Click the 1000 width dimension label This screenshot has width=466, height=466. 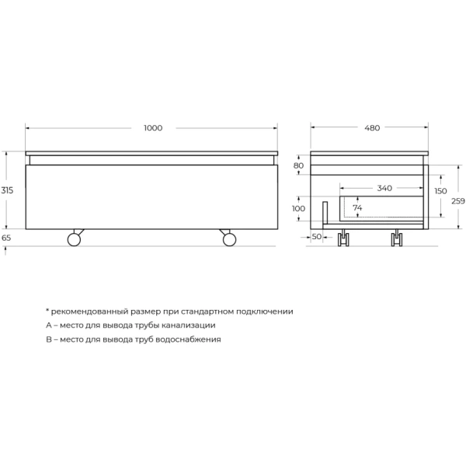(153, 128)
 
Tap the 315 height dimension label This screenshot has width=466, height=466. (7, 190)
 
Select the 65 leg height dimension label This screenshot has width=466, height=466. (7, 238)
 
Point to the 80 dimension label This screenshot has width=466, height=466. (299, 166)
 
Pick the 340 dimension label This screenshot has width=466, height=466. (384, 188)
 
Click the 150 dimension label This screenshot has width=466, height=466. (441, 191)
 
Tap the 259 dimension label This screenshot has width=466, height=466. (458, 201)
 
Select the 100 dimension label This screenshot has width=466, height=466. (299, 209)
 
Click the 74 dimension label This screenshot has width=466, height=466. (357, 208)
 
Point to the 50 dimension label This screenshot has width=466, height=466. (317, 236)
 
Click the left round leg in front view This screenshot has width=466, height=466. (75, 238)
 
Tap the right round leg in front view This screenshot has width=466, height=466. (229, 238)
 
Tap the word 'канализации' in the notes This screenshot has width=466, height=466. (186, 325)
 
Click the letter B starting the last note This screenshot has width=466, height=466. (48, 339)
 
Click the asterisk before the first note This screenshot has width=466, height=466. (47, 310)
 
